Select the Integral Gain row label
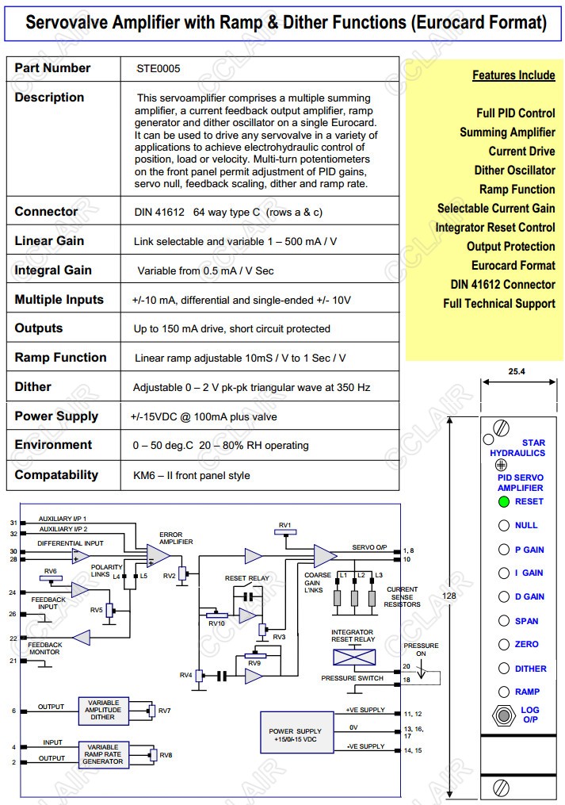tap(53, 270)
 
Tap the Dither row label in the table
tap(32, 387)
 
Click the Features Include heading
tap(513, 75)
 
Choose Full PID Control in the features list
tap(515, 113)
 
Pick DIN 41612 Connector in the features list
tap(502, 285)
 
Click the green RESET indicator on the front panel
tap(503, 501)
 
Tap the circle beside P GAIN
tap(503, 550)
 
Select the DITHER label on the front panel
tap(530, 669)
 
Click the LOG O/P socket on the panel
tap(503, 715)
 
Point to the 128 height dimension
tap(449, 596)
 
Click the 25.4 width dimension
tap(518, 371)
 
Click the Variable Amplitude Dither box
tap(103, 711)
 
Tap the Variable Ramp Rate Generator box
tap(103, 754)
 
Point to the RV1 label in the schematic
tap(285, 526)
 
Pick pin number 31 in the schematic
tap(13, 523)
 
